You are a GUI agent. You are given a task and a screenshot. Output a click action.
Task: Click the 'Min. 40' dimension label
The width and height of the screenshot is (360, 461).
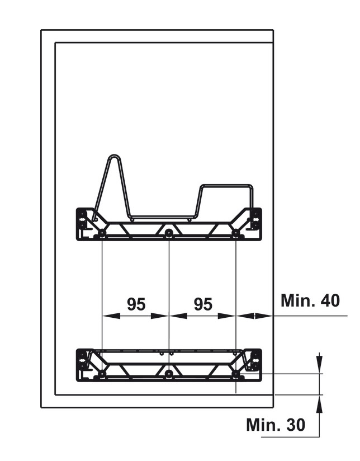click(310, 300)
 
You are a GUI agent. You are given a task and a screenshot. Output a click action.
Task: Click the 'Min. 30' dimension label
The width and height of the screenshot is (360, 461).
click(276, 425)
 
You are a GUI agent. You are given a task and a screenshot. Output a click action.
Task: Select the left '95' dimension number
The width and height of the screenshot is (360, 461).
click(136, 304)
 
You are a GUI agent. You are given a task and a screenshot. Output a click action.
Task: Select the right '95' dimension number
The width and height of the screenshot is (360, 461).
click(203, 304)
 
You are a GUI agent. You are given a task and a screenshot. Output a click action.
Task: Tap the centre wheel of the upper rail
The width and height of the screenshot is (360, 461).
click(169, 233)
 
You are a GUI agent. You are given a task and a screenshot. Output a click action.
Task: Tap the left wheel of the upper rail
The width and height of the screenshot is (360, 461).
click(101, 233)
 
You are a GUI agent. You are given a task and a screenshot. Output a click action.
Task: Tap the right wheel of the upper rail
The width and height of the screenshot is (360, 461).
click(236, 233)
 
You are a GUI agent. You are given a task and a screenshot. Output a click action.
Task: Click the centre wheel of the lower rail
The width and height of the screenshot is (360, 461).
click(169, 374)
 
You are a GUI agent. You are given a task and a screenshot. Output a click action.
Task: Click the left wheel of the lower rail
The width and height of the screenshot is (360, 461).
click(101, 374)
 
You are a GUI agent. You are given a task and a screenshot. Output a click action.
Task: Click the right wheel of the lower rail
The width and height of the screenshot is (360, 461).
click(236, 374)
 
